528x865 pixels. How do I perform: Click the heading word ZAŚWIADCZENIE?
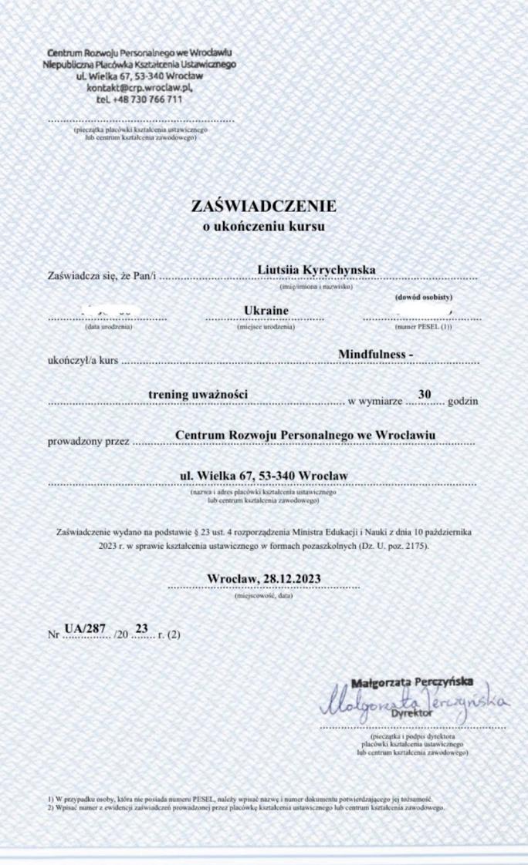pyautogui.click(x=264, y=207)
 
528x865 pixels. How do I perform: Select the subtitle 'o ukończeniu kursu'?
pyautogui.click(x=264, y=227)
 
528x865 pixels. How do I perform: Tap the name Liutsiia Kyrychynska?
pyautogui.click(x=316, y=270)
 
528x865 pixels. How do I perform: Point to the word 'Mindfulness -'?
pyautogui.click(x=376, y=353)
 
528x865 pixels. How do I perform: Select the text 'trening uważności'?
pyautogui.click(x=198, y=395)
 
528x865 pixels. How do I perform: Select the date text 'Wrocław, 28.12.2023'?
pyautogui.click(x=264, y=578)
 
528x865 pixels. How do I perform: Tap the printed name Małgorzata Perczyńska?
pyautogui.click(x=412, y=682)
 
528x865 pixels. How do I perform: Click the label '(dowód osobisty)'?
pyautogui.click(x=423, y=297)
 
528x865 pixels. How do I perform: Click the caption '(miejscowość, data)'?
pyautogui.click(x=263, y=596)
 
